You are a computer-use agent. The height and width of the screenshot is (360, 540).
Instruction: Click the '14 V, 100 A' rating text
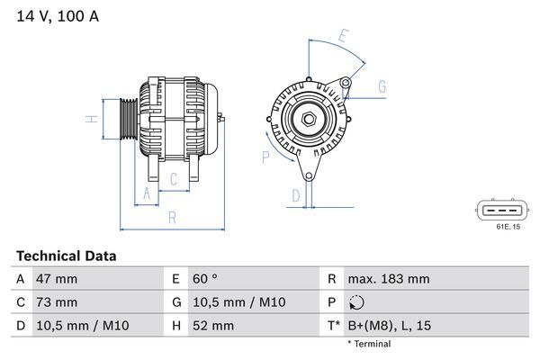56,14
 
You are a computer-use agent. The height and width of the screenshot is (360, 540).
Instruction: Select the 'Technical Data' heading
66,256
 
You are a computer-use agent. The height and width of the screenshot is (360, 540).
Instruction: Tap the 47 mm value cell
57,279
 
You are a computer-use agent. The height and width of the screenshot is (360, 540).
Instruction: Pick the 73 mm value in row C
57,301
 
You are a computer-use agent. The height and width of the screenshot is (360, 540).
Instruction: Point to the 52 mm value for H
212,325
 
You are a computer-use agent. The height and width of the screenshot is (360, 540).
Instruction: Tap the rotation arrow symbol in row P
357,302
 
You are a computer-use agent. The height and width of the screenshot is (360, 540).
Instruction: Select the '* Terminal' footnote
368,344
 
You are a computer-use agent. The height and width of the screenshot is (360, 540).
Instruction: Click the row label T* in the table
334,325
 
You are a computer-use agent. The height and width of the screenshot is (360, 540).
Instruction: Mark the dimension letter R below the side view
171,217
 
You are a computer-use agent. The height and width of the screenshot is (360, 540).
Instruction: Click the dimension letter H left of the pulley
90,119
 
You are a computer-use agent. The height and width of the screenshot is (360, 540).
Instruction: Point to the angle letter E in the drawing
342,37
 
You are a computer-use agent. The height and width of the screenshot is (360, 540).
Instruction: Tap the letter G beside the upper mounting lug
382,86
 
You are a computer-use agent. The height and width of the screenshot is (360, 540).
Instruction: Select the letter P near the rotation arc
265,157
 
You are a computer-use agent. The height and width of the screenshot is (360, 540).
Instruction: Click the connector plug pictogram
497,211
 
